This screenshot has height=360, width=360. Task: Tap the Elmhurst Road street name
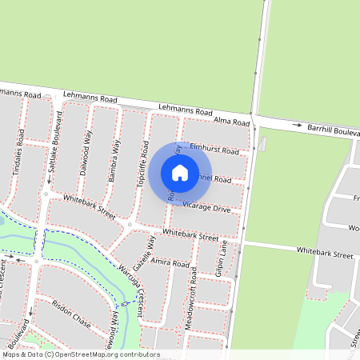point(215,149)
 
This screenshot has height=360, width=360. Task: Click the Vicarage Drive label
point(206,208)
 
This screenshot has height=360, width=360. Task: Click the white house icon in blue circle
point(180,173)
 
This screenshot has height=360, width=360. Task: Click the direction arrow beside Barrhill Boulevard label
point(297,126)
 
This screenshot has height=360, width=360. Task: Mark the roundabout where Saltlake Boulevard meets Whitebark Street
point(46,193)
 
